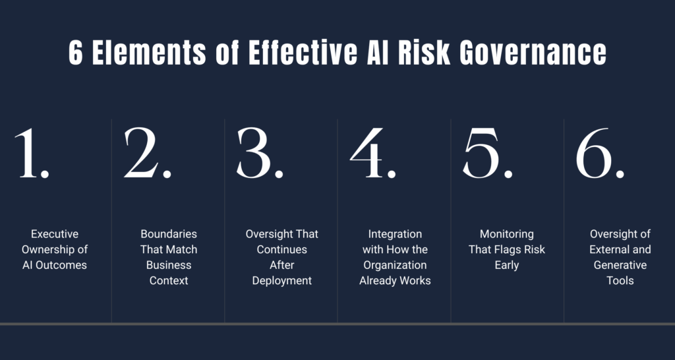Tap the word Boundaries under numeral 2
pos(169,234)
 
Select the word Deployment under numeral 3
pos(282,281)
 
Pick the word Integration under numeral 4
pos(395,234)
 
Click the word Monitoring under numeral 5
pos(507,234)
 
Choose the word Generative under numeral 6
pos(620,265)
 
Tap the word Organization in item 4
pos(395,265)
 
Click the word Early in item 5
pos(507,265)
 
